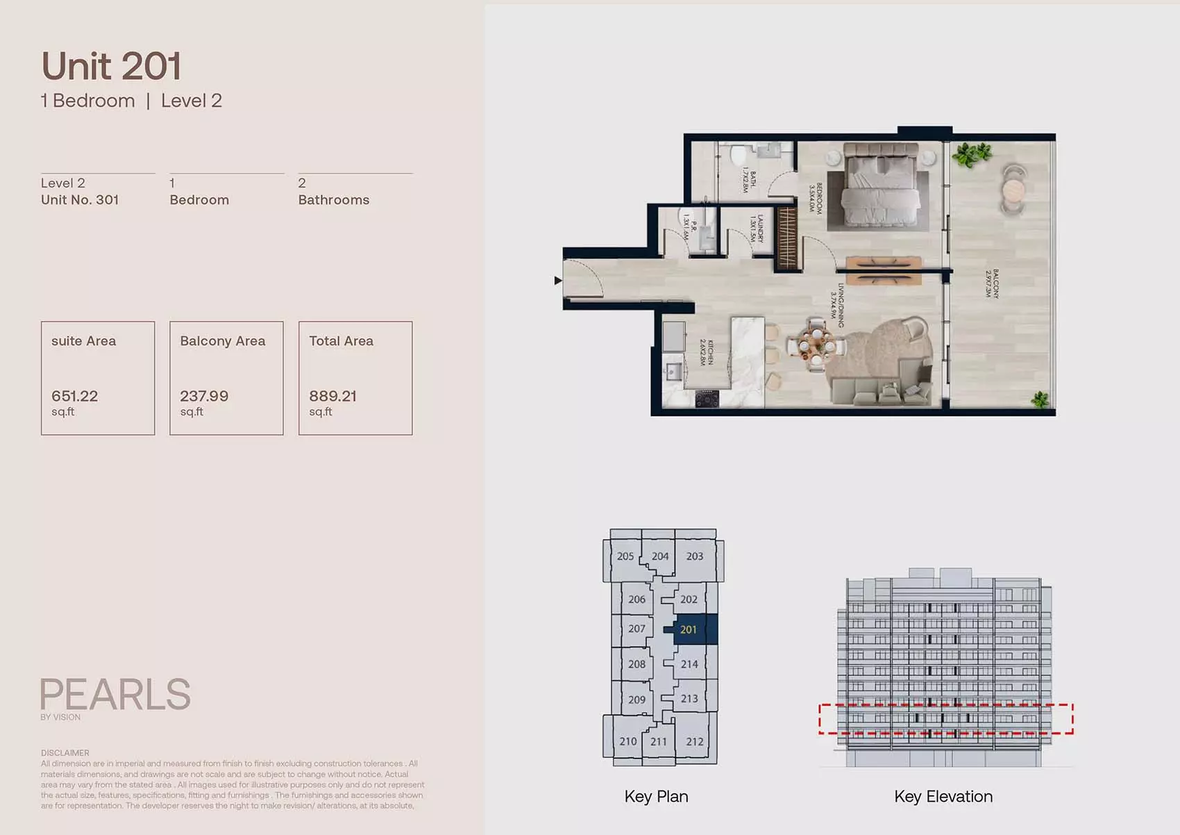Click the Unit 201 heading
(x=111, y=67)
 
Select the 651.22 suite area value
(x=74, y=396)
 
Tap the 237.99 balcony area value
(x=204, y=396)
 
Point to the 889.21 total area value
(x=332, y=396)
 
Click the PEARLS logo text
(x=115, y=694)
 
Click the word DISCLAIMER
(x=65, y=753)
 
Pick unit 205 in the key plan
(x=625, y=556)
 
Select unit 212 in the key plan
(x=695, y=741)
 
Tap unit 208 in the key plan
(x=637, y=664)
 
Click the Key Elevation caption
(x=943, y=797)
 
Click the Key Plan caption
(x=656, y=797)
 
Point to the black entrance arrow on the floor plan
(x=557, y=281)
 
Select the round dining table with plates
(x=816, y=341)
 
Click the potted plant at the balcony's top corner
(x=970, y=154)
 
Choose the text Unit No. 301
(x=80, y=200)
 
